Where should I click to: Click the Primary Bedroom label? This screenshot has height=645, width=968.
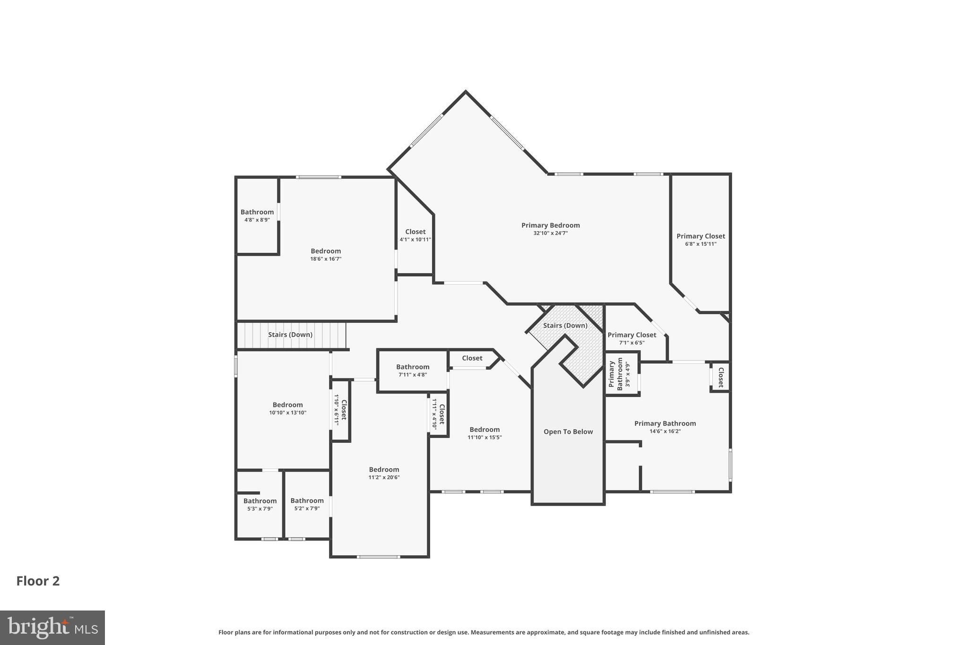(x=550, y=225)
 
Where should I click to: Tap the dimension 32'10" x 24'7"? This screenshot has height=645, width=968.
(x=550, y=233)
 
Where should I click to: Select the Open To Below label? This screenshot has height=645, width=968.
(x=568, y=431)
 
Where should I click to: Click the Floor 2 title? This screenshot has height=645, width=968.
(x=38, y=581)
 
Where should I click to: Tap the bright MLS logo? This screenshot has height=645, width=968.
(x=52, y=628)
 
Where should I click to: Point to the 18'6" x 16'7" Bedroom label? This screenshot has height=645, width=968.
(x=326, y=251)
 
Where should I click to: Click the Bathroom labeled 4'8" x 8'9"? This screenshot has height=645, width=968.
(x=257, y=212)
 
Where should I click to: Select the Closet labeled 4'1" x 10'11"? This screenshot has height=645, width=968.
(x=415, y=232)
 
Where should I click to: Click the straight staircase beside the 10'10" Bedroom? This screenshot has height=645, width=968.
(x=290, y=335)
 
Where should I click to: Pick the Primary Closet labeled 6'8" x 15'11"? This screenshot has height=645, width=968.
(x=700, y=236)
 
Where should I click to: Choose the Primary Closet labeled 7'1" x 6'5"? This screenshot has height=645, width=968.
(x=631, y=335)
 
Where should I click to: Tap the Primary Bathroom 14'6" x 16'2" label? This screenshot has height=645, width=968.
(x=665, y=423)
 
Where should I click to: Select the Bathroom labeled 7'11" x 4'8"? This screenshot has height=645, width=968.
(x=413, y=367)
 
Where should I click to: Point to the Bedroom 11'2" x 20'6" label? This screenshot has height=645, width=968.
(x=384, y=469)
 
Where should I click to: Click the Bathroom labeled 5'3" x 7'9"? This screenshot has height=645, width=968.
(x=259, y=501)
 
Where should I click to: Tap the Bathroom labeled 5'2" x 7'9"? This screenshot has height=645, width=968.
(x=307, y=500)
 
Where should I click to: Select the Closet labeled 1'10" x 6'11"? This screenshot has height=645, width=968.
(x=341, y=410)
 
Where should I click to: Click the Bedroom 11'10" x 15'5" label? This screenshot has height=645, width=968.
(x=484, y=430)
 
